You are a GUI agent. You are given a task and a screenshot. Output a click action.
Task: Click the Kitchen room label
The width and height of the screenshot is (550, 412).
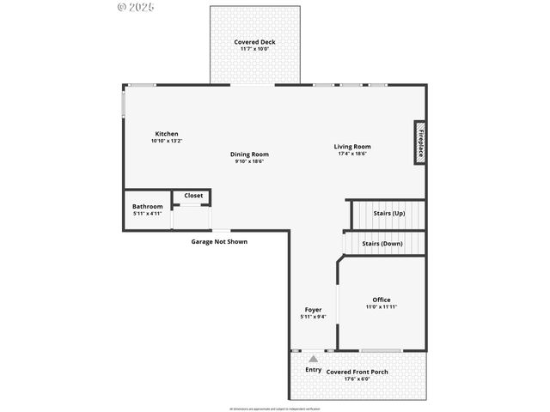pyautogui.click(x=167, y=134)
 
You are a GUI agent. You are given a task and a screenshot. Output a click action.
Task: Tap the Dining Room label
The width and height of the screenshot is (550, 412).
pyautogui.click(x=249, y=154)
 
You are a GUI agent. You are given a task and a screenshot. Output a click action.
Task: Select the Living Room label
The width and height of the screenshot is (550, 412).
pyautogui.click(x=352, y=147)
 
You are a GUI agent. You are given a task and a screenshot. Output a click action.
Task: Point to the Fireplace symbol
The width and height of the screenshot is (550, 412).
pyautogui.click(x=420, y=142)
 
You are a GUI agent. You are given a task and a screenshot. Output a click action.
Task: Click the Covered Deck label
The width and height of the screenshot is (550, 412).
pyautogui.click(x=255, y=42)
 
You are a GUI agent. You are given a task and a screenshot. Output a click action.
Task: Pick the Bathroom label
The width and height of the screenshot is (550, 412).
pyautogui.click(x=147, y=206)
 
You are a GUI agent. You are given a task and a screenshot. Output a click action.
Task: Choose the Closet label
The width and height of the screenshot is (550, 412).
pyautogui.click(x=193, y=196)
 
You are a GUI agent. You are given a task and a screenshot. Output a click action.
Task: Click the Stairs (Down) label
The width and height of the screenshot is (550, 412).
pyautogui.click(x=382, y=244)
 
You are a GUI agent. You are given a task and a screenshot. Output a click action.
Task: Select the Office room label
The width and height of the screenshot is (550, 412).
pyautogui.click(x=381, y=300)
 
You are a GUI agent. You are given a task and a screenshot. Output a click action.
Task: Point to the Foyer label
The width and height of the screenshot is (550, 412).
pyautogui.click(x=314, y=310)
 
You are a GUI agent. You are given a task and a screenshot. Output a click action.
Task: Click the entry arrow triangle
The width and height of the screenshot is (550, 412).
pyautogui.click(x=314, y=359)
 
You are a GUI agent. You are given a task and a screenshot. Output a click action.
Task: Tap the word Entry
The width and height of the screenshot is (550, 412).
pyautogui.click(x=314, y=370)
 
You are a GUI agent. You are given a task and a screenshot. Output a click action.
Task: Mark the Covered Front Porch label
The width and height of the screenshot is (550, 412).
pyautogui.click(x=357, y=372)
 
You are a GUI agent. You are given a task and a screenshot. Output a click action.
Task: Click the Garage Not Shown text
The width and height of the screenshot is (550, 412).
pyautogui.click(x=219, y=242)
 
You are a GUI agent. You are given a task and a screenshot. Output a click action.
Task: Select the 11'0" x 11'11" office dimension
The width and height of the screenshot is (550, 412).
pyautogui.click(x=381, y=306)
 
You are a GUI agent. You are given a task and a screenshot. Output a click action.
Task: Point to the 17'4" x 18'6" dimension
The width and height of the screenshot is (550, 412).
pyautogui.click(x=352, y=154)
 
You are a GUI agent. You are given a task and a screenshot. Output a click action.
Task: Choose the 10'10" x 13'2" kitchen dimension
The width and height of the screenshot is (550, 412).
pyautogui.click(x=167, y=141)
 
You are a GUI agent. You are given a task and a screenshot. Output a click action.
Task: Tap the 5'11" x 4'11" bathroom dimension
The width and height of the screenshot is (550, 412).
pyautogui.click(x=147, y=213)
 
